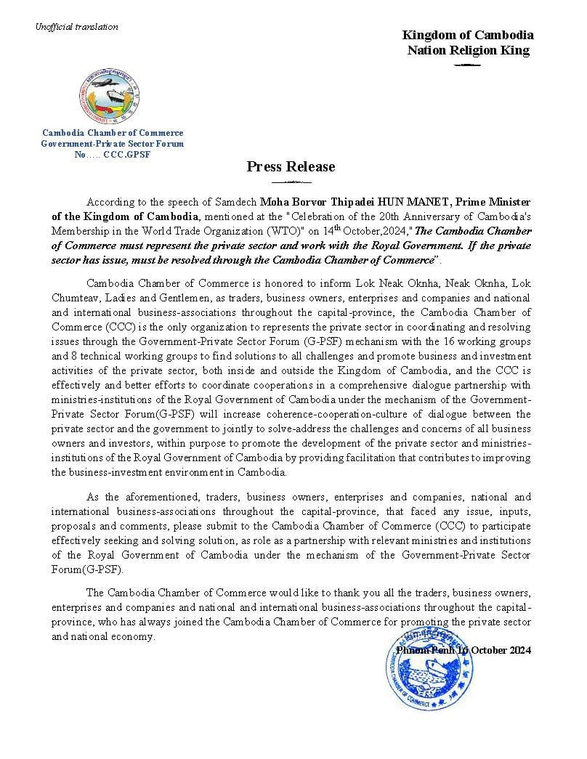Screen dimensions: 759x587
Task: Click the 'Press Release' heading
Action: pos(291,166)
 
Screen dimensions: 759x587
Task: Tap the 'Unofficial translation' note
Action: pos(76,27)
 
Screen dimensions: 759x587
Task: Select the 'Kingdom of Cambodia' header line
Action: pos(468,35)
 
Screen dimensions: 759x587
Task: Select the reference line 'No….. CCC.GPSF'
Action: pos(112,155)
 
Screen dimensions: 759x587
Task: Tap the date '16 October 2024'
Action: pos(494,650)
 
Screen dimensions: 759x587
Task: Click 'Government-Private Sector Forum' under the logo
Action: pos(112,144)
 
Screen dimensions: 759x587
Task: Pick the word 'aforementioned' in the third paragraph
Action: pos(161,498)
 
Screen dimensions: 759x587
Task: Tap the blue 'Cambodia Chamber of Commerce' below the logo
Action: pos(112,133)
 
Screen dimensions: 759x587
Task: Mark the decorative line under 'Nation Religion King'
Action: pos(467,65)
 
